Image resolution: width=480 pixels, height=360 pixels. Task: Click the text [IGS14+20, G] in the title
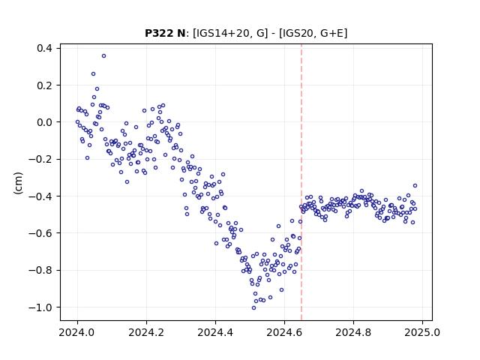230,33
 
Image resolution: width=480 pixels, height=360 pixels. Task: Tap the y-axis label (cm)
18,183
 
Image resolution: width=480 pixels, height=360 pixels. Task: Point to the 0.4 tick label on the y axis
44,48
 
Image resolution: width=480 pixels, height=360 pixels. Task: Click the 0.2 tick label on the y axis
44,85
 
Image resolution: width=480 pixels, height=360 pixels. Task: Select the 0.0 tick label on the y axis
44,122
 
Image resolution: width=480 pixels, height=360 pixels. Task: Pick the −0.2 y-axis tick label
40,160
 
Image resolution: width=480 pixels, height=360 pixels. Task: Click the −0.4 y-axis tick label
40,196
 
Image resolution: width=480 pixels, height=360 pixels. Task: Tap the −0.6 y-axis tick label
40,233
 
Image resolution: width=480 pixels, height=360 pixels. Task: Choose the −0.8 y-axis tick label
40,271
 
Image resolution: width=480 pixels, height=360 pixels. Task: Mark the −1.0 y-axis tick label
40,307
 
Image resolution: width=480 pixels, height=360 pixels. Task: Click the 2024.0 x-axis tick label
77,332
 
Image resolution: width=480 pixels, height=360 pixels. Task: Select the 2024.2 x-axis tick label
146,332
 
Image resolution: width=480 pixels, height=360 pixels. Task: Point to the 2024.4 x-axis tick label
215,332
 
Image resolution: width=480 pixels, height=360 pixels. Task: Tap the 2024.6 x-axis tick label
284,332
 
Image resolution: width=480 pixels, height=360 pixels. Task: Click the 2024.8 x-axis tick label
353,332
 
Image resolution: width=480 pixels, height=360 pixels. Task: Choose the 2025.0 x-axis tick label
422,332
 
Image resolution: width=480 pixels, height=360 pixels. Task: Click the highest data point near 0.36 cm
103,56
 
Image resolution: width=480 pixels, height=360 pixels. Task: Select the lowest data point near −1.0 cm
253,308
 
